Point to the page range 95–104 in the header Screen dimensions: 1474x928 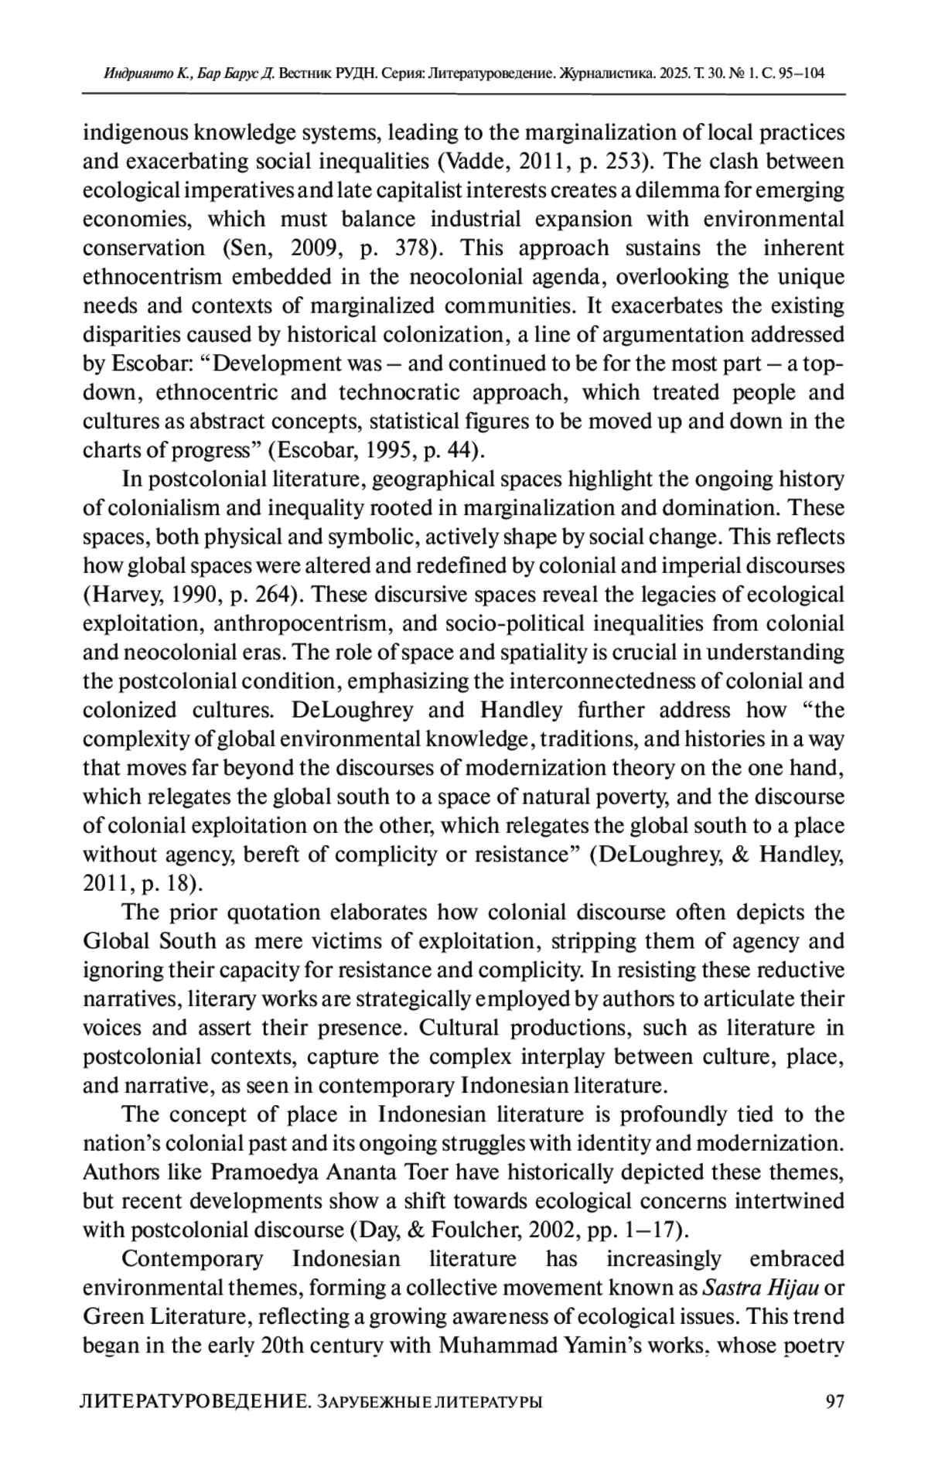pos(798,74)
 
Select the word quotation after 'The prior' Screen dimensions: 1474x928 pos(275,913)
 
